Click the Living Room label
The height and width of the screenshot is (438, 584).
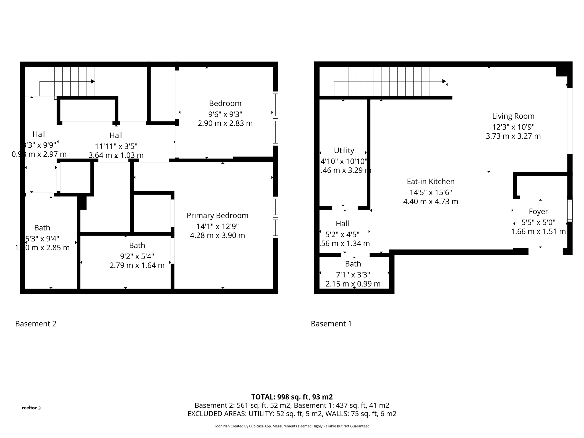click(513, 116)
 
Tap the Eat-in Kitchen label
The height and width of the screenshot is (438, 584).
click(431, 181)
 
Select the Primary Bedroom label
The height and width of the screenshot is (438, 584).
click(217, 215)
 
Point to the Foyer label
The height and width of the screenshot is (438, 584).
click(538, 211)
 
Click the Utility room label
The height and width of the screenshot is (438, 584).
click(344, 150)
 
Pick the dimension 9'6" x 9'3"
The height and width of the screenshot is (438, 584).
click(225, 114)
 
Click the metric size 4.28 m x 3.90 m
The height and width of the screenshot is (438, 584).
click(217, 235)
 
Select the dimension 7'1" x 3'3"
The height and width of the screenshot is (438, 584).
click(353, 275)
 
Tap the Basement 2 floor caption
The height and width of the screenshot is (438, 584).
click(36, 324)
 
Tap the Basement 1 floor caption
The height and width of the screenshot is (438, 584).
click(331, 324)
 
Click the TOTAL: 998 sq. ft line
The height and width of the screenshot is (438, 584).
click(292, 397)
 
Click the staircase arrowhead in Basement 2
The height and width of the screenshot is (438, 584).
click(93, 82)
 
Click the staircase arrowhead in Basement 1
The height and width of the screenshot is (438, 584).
click(444, 81)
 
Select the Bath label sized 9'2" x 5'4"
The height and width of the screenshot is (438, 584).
click(137, 245)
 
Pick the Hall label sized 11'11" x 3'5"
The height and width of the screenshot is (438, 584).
click(116, 135)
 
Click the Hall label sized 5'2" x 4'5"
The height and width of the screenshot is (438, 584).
click(342, 223)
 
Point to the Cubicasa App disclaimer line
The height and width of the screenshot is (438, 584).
click(292, 426)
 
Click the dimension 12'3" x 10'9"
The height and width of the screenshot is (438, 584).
click(513, 127)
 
